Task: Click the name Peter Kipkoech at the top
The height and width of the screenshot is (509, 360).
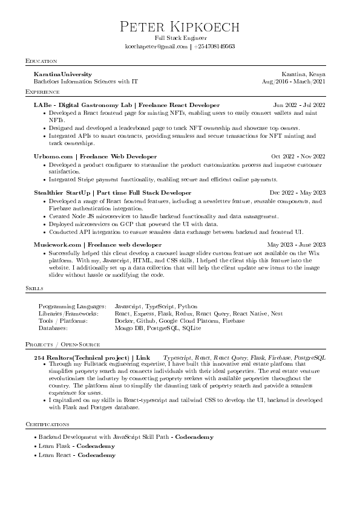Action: pyautogui.click(x=180, y=27)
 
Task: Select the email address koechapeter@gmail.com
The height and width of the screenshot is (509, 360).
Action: pyautogui.click(x=156, y=46)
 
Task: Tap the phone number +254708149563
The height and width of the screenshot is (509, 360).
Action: pyautogui.click(x=214, y=46)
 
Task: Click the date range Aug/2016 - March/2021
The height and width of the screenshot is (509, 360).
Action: pyautogui.click(x=293, y=80)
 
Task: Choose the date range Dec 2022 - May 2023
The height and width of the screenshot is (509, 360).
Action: pyautogui.click(x=298, y=193)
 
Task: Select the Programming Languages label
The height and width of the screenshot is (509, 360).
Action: pyautogui.click(x=72, y=306)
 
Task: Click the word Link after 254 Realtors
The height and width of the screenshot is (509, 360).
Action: pyautogui.click(x=143, y=358)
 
